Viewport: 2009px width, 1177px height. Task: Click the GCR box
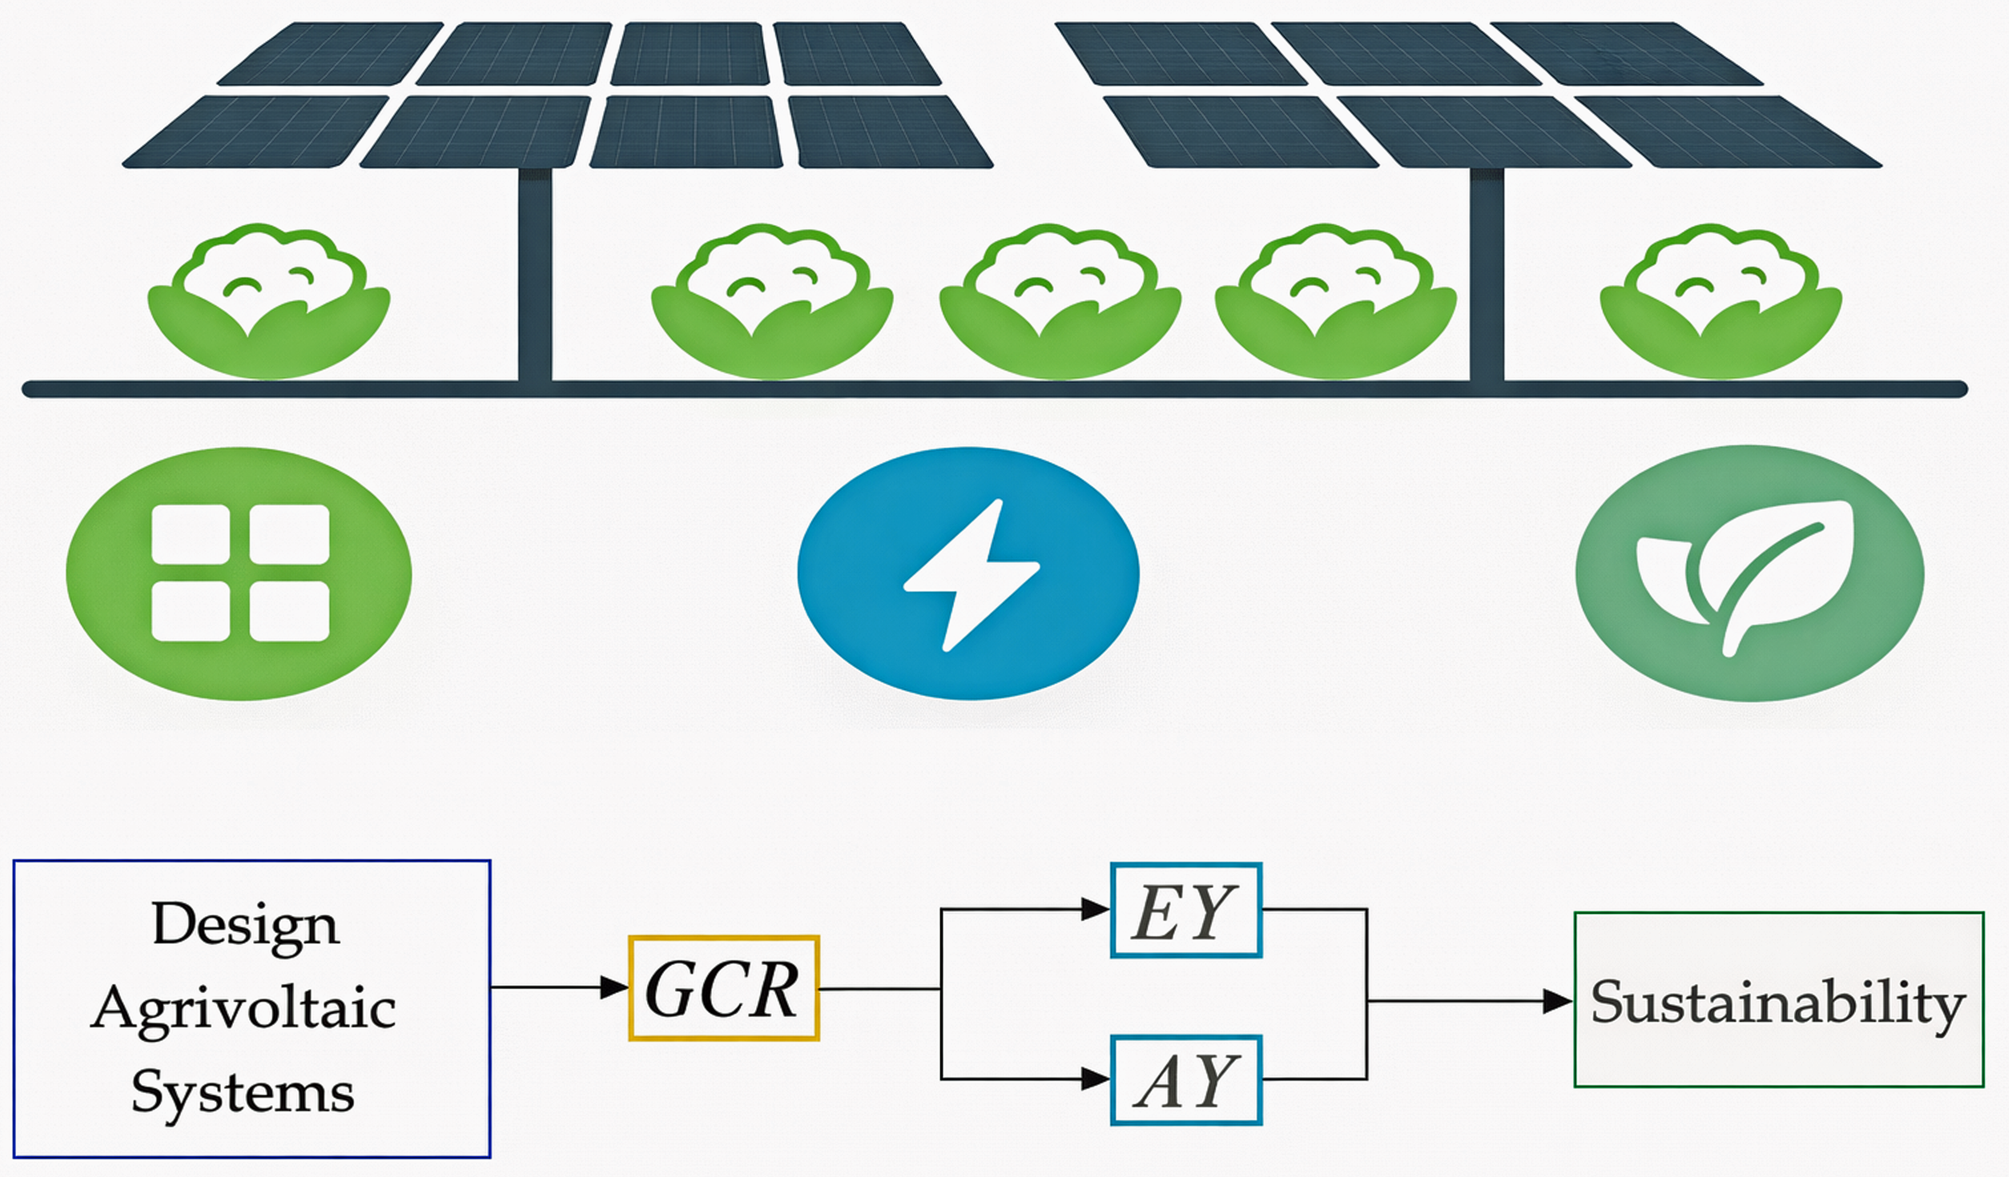click(724, 988)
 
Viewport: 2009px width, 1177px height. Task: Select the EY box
click(1186, 910)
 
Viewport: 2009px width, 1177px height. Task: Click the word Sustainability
click(1778, 1003)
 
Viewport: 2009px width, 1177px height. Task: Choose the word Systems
click(242, 1093)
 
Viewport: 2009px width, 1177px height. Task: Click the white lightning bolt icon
click(972, 575)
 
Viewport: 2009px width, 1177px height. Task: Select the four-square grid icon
click(240, 572)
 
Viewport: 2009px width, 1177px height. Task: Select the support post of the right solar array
click(1487, 275)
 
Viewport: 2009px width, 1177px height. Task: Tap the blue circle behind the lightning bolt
click(969, 573)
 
